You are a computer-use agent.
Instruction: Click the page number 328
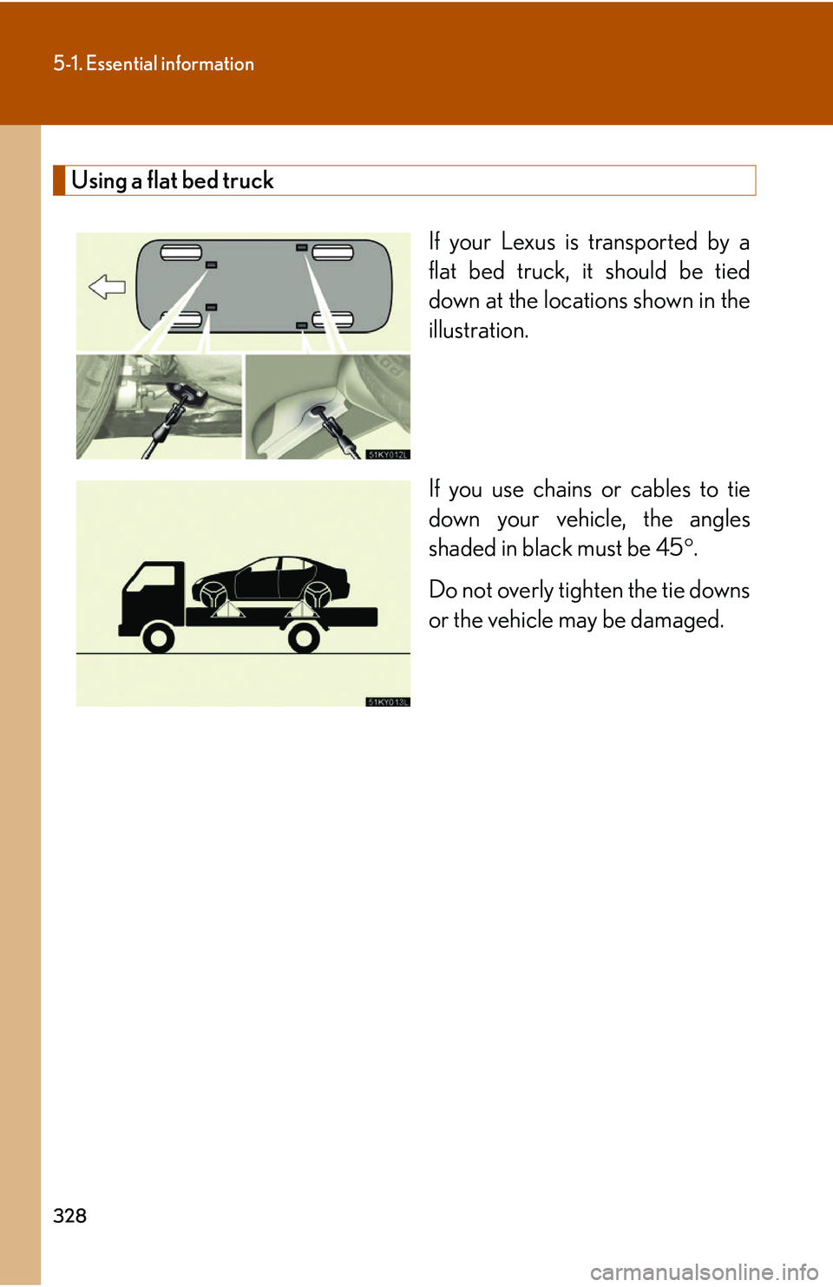pos(69,1216)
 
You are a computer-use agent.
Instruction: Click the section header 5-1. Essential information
pos(154,63)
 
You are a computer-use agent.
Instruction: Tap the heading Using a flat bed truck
pos(172,180)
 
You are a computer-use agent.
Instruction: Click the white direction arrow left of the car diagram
pos(108,286)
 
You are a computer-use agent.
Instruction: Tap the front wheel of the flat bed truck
pos(158,639)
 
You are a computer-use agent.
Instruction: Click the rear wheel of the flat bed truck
pos(304,639)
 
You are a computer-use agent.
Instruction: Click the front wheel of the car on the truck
pos(213,595)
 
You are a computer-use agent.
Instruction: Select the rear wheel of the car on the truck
pos(317,595)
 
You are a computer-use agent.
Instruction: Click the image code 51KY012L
pos(387,454)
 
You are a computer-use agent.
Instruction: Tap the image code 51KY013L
pos(387,702)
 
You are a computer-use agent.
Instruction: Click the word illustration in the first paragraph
pos(477,330)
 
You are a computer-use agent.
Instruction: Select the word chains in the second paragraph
pos(561,490)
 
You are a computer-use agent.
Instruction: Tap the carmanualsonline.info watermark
pos(704,1272)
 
